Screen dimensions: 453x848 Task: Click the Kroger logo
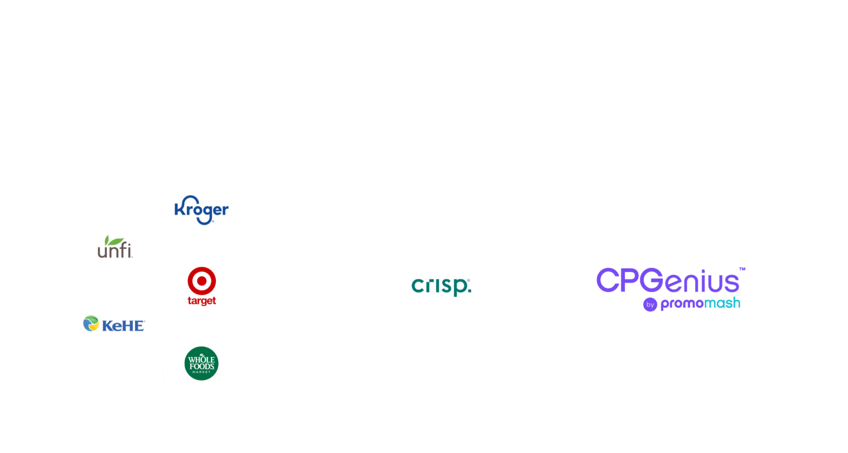pyautogui.click(x=201, y=210)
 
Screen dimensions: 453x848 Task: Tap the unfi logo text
pyautogui.click(x=115, y=251)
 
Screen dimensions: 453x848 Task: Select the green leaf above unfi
pyautogui.click(x=114, y=241)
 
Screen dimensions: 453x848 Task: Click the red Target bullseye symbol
pyautogui.click(x=201, y=281)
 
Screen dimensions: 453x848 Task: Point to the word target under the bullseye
pyautogui.click(x=201, y=301)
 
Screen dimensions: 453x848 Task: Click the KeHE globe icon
pyautogui.click(x=91, y=323)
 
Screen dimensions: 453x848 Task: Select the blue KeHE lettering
pyautogui.click(x=123, y=325)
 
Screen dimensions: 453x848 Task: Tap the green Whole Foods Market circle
pyautogui.click(x=201, y=363)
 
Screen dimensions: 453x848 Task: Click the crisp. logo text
pyautogui.click(x=441, y=286)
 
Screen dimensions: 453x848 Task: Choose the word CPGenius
pyautogui.click(x=667, y=281)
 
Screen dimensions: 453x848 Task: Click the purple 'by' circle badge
pyautogui.click(x=650, y=305)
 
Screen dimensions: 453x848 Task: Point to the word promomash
pyautogui.click(x=700, y=304)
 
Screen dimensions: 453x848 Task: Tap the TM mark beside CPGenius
pyautogui.click(x=742, y=269)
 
